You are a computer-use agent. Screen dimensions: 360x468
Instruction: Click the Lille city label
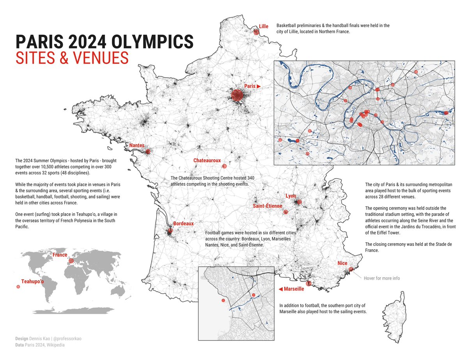(x=264, y=27)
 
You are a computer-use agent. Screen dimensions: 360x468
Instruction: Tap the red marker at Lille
(x=256, y=32)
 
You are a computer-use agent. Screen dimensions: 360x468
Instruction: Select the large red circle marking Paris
(x=237, y=96)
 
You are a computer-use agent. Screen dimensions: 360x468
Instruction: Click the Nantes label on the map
(x=136, y=145)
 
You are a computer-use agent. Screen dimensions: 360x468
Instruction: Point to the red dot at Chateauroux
(x=224, y=167)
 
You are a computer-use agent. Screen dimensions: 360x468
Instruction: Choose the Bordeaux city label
(x=183, y=223)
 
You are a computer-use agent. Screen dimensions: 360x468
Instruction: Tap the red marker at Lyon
(x=299, y=202)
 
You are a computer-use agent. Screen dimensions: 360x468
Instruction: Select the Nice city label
(x=342, y=263)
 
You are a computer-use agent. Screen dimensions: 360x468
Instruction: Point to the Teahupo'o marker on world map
(x=18, y=287)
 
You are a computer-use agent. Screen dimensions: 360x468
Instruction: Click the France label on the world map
(x=60, y=255)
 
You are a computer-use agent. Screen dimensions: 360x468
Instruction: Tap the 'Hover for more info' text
(x=381, y=278)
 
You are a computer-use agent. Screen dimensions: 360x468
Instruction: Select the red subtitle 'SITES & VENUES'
(x=72, y=58)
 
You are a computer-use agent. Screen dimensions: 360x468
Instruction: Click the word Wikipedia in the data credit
(x=56, y=345)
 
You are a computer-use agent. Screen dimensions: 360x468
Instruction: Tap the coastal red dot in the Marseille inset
(x=223, y=300)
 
